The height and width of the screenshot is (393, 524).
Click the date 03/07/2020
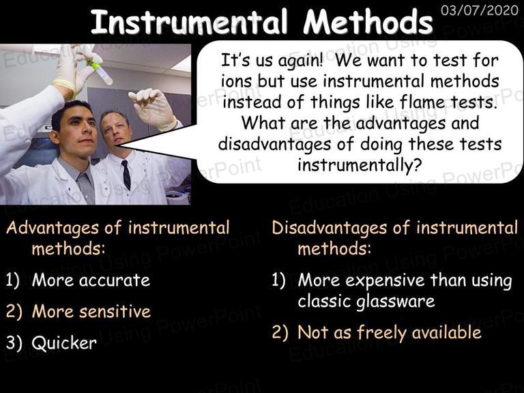click(479, 10)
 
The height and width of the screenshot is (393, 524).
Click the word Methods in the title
click(368, 22)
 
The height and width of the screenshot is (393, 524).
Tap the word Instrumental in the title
click(189, 22)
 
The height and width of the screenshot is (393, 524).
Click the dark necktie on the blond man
click(126, 175)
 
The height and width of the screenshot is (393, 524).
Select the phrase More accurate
click(91, 280)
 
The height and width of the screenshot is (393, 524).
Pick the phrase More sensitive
click(91, 311)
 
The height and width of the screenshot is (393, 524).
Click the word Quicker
click(64, 343)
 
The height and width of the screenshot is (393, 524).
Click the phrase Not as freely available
click(390, 333)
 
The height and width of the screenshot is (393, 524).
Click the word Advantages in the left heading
click(53, 229)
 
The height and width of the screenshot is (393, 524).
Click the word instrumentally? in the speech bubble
click(360, 165)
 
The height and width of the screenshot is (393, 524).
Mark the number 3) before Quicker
click(14, 343)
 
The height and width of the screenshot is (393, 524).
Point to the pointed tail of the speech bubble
click(116, 146)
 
